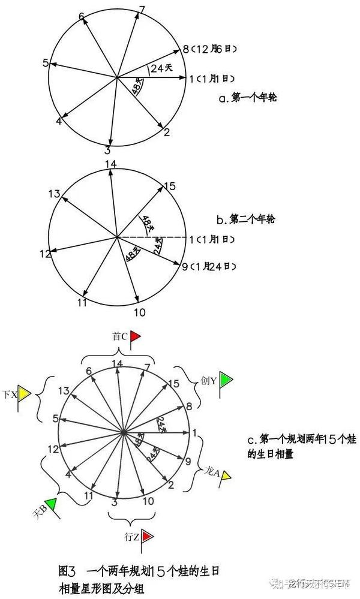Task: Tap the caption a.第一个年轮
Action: coord(245,96)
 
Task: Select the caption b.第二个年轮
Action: coord(246,219)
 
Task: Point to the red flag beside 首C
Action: coord(136,336)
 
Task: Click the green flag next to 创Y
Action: coord(226,380)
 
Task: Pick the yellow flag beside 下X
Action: coord(24,395)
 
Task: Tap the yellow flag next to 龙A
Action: coord(226,476)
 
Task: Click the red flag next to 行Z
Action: coord(148,534)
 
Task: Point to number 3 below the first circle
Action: coord(107,150)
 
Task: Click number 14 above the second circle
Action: coord(110,164)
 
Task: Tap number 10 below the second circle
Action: coord(139,312)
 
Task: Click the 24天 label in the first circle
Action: coord(159,68)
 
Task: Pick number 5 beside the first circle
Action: coord(46,62)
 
